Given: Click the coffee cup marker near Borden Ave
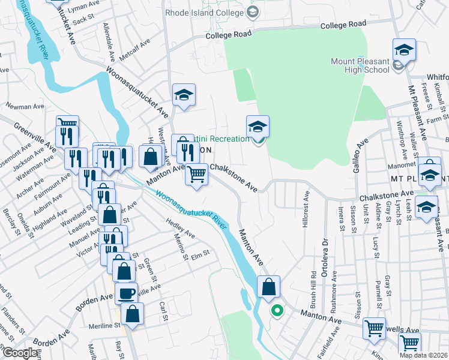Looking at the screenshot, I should click(126, 293).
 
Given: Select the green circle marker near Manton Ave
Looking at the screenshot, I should click(277, 311).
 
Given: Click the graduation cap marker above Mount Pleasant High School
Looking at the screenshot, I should click(405, 50).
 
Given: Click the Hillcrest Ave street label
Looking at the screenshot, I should click(306, 207).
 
